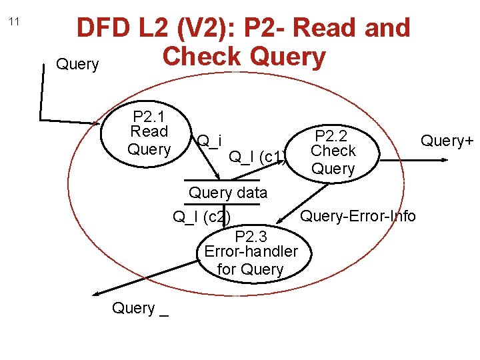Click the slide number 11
click(x=15, y=22)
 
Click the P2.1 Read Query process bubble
click(x=149, y=132)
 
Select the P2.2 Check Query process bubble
click(x=333, y=151)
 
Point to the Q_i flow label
click(x=209, y=141)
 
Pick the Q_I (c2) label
click(x=201, y=217)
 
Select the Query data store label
click(x=228, y=193)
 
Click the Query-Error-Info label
click(x=358, y=216)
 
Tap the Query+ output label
click(x=447, y=141)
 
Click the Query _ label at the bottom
click(x=140, y=308)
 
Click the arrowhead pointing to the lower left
click(x=97, y=293)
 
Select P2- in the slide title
click(x=267, y=28)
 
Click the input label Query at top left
click(x=77, y=65)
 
